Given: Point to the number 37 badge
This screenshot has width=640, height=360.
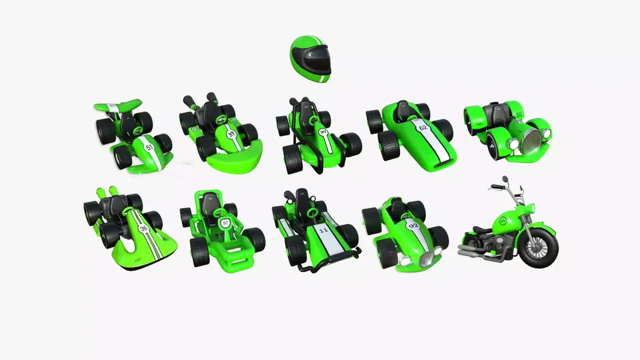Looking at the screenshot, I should (x=323, y=132).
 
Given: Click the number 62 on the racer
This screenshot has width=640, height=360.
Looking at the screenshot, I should (x=423, y=128).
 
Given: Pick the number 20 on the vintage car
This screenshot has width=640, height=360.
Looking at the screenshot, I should (x=518, y=114).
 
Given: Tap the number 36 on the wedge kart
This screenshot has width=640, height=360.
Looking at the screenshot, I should (x=143, y=228).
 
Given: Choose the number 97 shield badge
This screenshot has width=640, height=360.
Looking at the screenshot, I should (x=226, y=222).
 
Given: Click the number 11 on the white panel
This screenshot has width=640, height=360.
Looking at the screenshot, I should (x=324, y=231).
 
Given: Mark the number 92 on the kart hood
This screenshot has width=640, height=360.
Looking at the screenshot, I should (x=413, y=226).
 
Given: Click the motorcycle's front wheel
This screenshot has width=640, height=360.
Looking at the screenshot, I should (x=538, y=248).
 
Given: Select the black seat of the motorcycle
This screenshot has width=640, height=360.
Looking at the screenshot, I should (x=483, y=230).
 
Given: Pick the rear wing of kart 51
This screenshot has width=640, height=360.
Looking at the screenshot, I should (x=118, y=105).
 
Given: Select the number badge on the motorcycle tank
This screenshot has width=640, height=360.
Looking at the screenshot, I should (x=502, y=221).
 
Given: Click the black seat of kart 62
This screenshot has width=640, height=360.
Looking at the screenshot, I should (x=402, y=109).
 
